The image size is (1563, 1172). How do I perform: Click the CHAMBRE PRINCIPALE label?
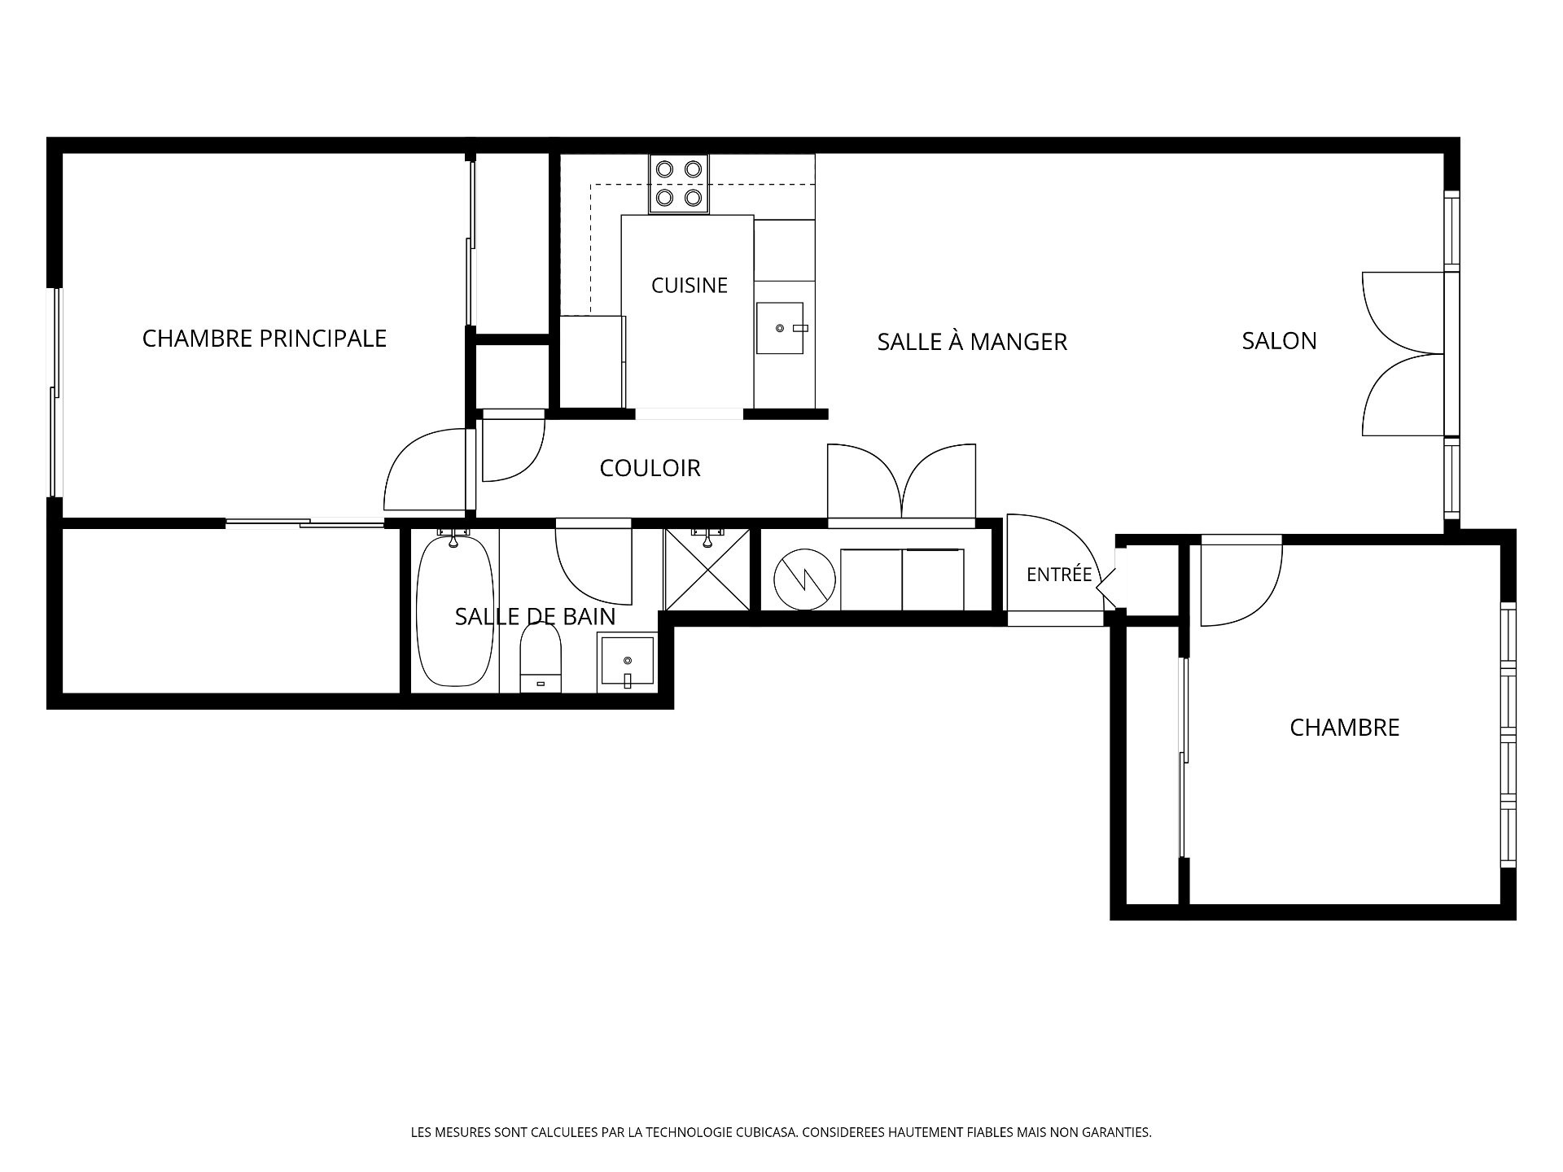[x=264, y=339]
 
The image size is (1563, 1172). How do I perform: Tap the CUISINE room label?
[x=689, y=286]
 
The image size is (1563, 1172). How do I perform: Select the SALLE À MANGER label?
[x=972, y=341]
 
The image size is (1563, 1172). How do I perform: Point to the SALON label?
[x=1279, y=341]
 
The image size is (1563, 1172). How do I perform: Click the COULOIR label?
[x=650, y=468]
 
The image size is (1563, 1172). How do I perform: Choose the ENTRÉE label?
[x=1059, y=574]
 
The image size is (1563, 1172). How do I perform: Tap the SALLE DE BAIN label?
[x=535, y=617]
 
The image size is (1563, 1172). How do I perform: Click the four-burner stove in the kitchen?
[x=679, y=184]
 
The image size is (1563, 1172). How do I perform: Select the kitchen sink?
[x=780, y=328]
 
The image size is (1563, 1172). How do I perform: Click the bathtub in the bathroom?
[x=455, y=610]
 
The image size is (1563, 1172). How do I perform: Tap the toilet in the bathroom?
[x=541, y=658]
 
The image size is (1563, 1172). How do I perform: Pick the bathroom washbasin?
[x=627, y=663]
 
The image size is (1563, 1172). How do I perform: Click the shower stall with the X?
[x=707, y=569]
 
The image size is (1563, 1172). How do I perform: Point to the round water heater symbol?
[x=804, y=579]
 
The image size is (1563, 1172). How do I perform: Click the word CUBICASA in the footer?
[x=767, y=1132]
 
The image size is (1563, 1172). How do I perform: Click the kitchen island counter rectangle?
[x=687, y=311]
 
